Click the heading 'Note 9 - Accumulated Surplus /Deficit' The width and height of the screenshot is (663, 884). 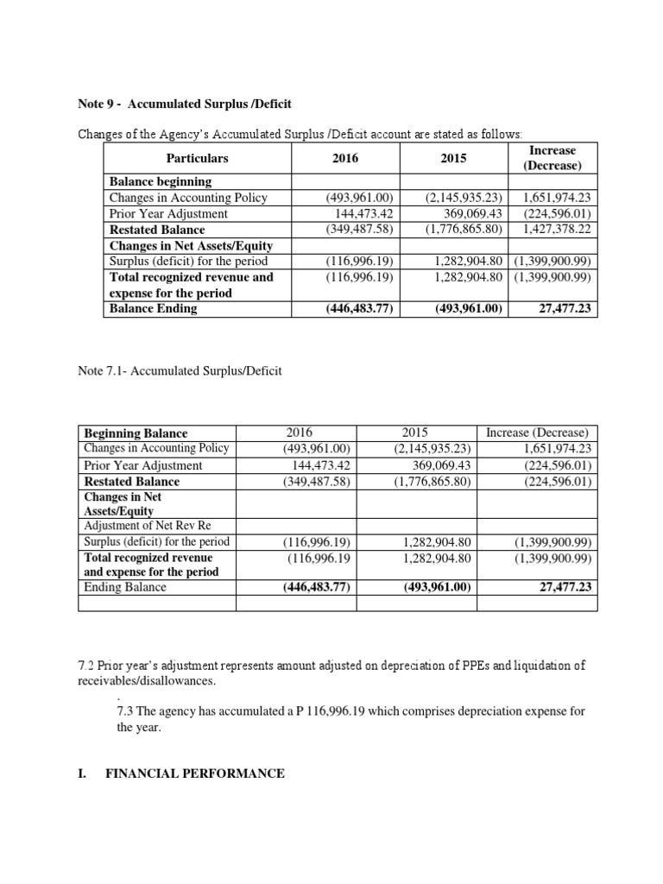coord(185,104)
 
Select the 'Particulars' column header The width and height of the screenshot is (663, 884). coord(197,159)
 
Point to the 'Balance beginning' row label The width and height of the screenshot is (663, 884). coord(161,181)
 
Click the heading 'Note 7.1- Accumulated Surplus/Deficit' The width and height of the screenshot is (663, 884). coord(180,371)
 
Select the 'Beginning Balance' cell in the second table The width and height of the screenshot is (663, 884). coord(136,433)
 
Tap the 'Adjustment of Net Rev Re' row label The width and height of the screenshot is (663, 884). coord(146,526)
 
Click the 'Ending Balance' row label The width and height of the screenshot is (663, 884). coord(125,587)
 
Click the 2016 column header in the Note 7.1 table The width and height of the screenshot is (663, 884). coord(316,433)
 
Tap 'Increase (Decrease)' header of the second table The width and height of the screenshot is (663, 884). coord(537,433)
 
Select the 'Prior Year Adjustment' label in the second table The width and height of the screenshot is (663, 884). coord(143,465)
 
